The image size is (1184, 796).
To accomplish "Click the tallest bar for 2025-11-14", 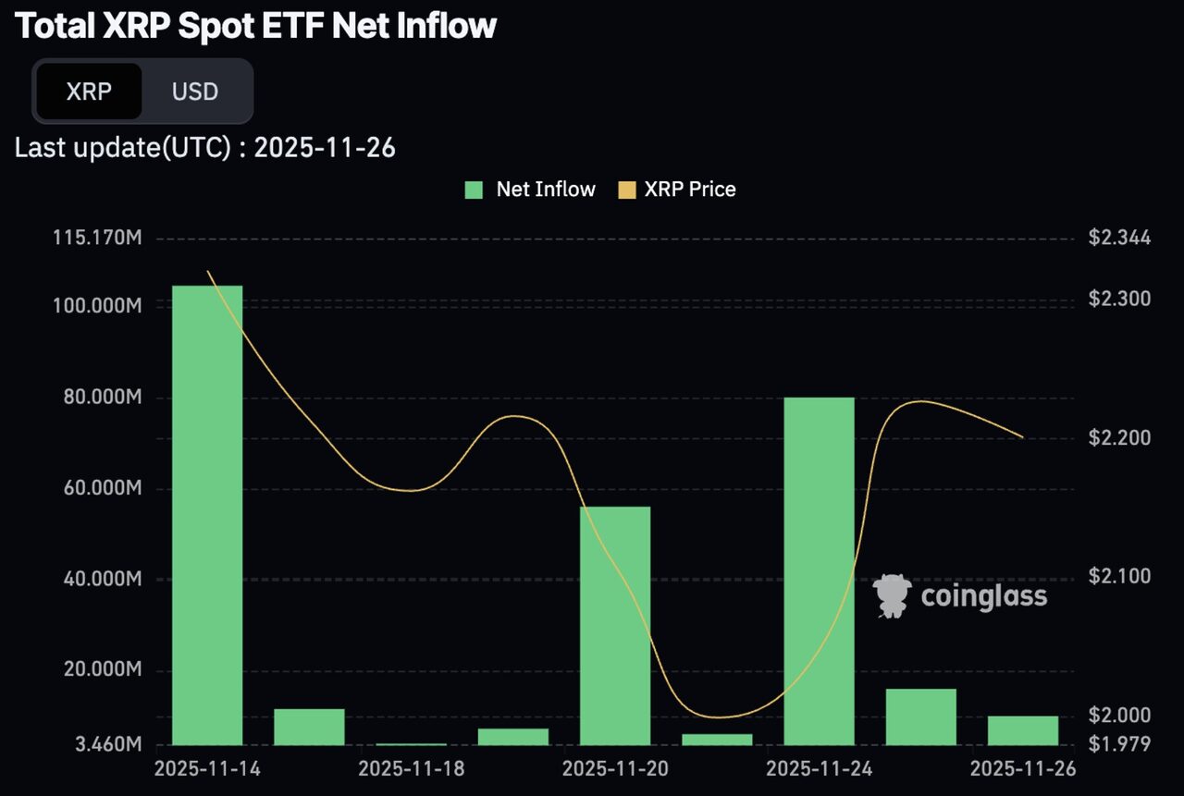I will tap(207, 514).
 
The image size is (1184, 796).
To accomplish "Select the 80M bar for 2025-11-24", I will tap(819, 570).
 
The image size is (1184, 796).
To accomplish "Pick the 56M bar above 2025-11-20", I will tap(615, 625).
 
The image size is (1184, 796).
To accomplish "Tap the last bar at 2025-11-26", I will tap(1022, 729).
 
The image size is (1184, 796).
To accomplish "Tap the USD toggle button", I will tap(195, 92).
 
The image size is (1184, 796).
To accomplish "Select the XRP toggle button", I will tap(89, 92).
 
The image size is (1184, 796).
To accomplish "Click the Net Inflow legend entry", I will tap(530, 190).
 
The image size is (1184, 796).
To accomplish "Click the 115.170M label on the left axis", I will tap(97, 239).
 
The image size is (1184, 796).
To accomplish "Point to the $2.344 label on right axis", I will tap(1119, 239).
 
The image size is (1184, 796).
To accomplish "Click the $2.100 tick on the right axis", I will tap(1119, 577).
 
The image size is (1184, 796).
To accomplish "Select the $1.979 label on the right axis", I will tap(1119, 744).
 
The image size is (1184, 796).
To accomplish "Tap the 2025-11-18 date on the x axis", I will tap(411, 769).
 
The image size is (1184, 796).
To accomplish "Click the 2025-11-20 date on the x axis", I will tap(615, 769).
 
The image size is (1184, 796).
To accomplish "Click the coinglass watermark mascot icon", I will tap(893, 595).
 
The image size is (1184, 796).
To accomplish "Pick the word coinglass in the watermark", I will tap(984, 596).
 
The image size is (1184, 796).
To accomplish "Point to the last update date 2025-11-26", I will tap(325, 148).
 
